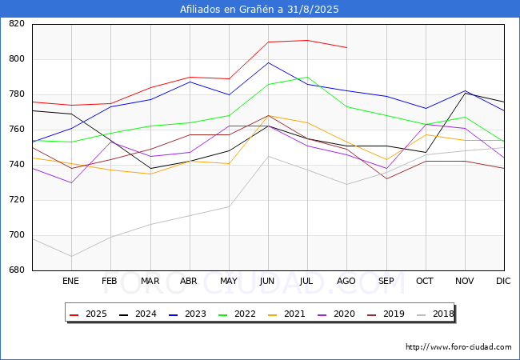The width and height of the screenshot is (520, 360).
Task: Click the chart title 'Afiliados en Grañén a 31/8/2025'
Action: (x=259, y=9)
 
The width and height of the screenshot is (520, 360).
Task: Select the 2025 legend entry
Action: (x=88, y=314)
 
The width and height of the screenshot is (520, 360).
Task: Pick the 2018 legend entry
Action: (x=435, y=314)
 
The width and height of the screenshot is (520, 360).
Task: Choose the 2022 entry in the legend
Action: (x=237, y=314)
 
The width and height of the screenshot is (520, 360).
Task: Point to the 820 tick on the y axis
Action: (x=17, y=23)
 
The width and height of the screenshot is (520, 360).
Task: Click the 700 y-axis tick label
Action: (x=17, y=234)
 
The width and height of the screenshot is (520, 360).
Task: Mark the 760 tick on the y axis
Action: (x=17, y=130)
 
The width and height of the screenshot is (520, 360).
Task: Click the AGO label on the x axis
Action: (x=346, y=281)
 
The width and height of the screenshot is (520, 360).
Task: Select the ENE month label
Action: (x=70, y=281)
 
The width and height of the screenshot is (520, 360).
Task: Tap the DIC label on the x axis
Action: (x=503, y=281)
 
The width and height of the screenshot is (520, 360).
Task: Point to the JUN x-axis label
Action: (x=267, y=281)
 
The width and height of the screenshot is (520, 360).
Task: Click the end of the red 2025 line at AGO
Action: (x=347, y=47)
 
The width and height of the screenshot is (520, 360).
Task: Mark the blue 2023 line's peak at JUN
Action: (x=268, y=62)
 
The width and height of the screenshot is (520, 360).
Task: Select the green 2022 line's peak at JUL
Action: (x=307, y=77)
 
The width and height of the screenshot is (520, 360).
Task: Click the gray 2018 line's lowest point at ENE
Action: (x=71, y=256)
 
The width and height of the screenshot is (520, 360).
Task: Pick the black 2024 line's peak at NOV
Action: (x=466, y=93)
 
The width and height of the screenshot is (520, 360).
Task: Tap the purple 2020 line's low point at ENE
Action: (x=71, y=182)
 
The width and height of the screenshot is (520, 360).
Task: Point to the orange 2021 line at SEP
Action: (x=386, y=160)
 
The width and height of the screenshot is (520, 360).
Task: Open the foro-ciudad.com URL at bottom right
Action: (x=458, y=346)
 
